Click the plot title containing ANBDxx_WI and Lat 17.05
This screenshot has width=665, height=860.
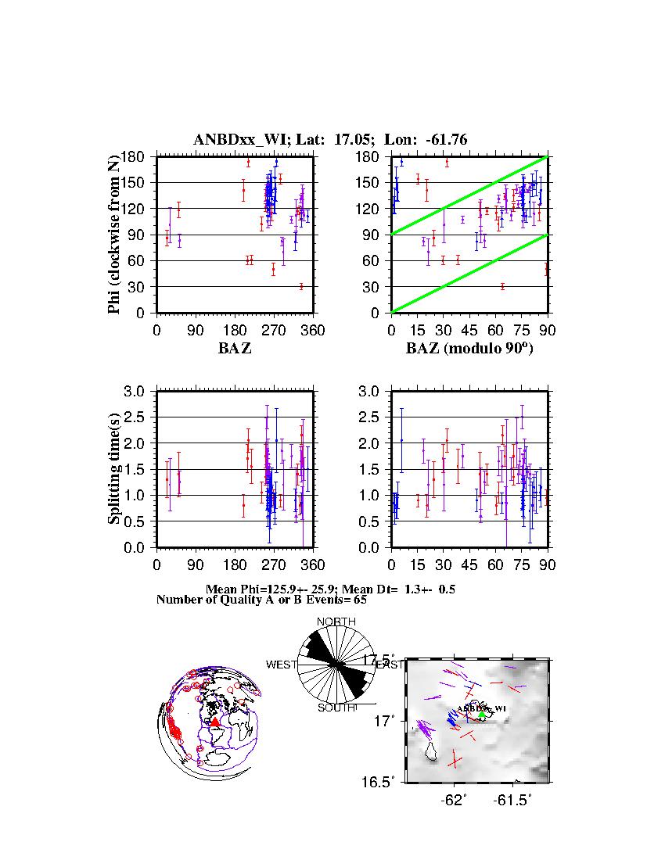pos(330,140)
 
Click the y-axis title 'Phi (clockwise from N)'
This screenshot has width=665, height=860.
pos(114,235)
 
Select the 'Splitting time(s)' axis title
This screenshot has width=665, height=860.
pos(114,469)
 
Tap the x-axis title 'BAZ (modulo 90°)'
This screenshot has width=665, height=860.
pos(469,349)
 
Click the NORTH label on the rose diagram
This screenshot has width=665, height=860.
pos(336,622)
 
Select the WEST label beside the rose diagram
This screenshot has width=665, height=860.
pos(282,665)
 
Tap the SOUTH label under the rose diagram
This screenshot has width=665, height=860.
pos(336,708)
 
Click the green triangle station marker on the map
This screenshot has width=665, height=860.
pos(482,715)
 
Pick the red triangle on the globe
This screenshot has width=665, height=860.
pos(215,722)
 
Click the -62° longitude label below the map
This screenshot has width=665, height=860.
pos(454,800)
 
